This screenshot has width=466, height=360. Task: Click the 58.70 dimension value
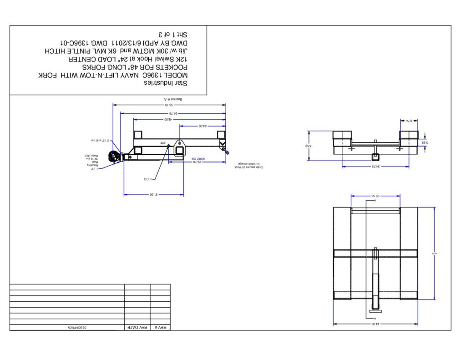tap(170, 105)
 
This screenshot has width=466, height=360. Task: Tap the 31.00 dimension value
tap(153, 194)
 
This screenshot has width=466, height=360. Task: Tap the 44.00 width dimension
tap(375, 324)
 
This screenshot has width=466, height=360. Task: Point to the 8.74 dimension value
tap(409, 121)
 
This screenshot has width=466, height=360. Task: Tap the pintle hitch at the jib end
tap(112, 157)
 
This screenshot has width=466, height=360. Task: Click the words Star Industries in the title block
tap(166, 83)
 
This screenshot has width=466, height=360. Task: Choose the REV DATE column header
tap(137, 327)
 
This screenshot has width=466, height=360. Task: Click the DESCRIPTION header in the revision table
tap(77, 327)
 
